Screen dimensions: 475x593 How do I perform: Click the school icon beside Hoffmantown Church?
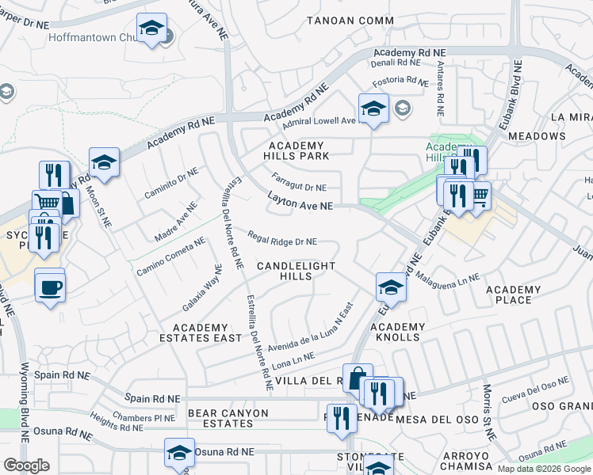click(x=151, y=28)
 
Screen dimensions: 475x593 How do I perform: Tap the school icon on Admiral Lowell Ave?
click(x=373, y=109)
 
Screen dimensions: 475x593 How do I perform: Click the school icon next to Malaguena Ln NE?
click(x=391, y=288)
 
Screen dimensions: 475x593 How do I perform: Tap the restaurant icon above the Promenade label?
click(x=342, y=417)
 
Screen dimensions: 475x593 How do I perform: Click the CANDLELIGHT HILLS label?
click(x=296, y=271)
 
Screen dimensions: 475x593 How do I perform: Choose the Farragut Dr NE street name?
click(x=299, y=181)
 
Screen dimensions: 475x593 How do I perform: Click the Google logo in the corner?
click(x=25, y=465)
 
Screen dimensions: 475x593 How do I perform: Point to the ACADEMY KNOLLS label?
click(x=396, y=332)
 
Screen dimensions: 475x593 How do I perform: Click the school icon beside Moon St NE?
click(x=104, y=162)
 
